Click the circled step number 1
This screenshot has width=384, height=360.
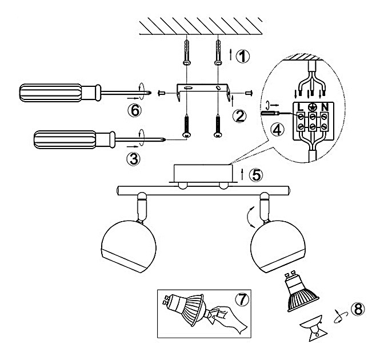(243, 56)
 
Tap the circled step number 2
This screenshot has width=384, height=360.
(241, 116)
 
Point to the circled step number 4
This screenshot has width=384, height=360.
(277, 129)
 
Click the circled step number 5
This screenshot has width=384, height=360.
(258, 174)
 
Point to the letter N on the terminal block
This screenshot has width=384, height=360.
(324, 107)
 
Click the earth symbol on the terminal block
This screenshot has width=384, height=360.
(311, 107)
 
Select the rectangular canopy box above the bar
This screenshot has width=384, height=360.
(202, 173)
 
